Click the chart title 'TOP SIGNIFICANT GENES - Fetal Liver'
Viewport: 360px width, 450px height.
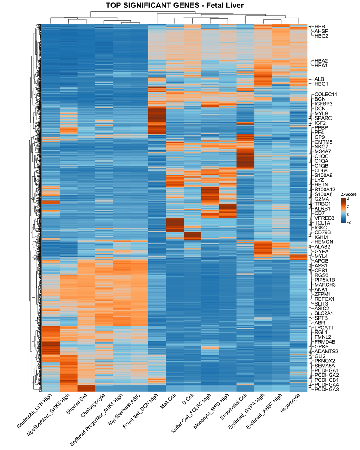point(180,5)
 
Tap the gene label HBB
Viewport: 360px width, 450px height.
point(320,26)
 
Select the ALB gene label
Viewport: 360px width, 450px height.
point(319,79)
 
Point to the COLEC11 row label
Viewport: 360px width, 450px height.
point(325,94)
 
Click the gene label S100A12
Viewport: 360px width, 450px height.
point(325,189)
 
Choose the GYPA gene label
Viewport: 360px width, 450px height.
point(321,252)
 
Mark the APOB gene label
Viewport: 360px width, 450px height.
point(321,261)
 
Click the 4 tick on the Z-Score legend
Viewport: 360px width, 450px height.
point(349,199)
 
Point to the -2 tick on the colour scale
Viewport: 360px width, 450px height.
point(349,222)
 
